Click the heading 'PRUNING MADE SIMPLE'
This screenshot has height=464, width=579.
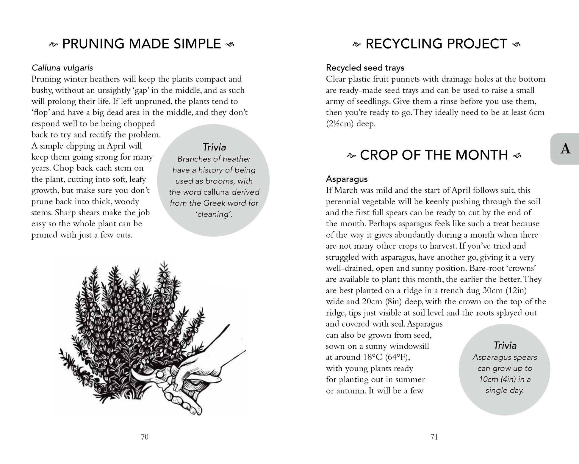coord(142,44)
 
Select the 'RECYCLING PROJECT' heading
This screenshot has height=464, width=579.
coord(436,44)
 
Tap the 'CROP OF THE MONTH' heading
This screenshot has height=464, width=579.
coord(434,155)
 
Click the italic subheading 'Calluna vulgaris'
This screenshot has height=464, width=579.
coord(62,68)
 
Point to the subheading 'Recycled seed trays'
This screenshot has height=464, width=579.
coord(365,68)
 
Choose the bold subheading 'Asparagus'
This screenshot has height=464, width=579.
coord(347,179)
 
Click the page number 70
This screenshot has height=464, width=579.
coord(145,437)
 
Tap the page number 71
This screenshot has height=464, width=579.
coord(434,437)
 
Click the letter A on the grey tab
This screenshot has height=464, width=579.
coord(565,149)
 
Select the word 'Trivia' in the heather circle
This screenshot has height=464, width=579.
coord(214,147)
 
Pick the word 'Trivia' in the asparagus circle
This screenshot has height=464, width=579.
coord(505,345)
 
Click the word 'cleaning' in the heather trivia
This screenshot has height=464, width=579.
coord(214,214)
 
